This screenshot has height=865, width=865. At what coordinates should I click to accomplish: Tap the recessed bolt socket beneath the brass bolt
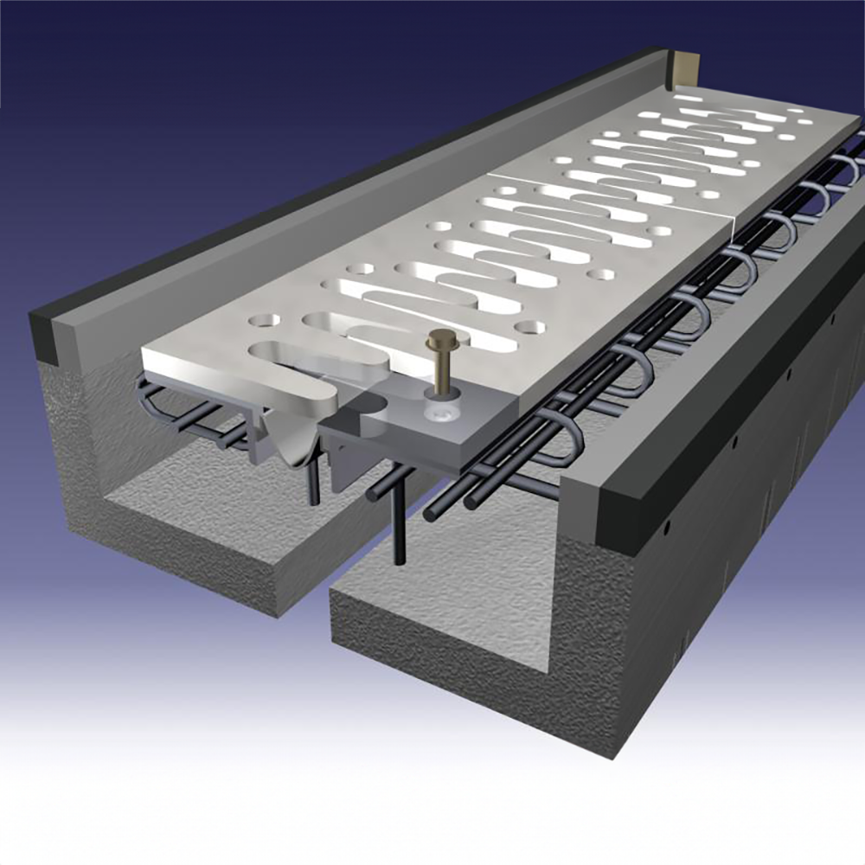[x=439, y=413]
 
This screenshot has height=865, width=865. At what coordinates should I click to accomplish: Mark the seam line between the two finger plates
[x=605, y=195]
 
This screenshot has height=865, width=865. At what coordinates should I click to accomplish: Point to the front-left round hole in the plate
[x=260, y=320]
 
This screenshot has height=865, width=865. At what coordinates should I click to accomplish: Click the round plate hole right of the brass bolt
[x=530, y=328]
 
